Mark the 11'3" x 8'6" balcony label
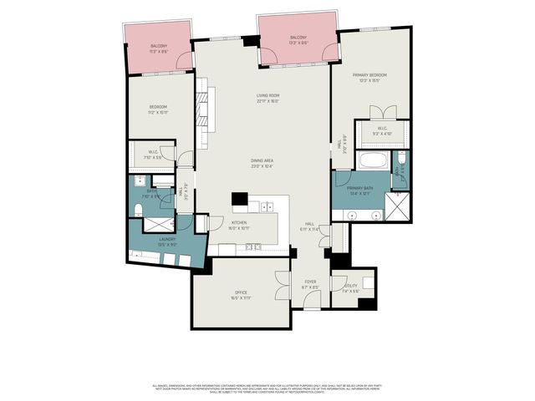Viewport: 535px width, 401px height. pyautogui.click(x=159, y=48)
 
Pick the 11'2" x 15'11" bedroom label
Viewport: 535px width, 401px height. pyautogui.click(x=159, y=109)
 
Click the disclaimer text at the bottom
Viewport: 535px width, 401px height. pyautogui.click(x=267, y=388)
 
